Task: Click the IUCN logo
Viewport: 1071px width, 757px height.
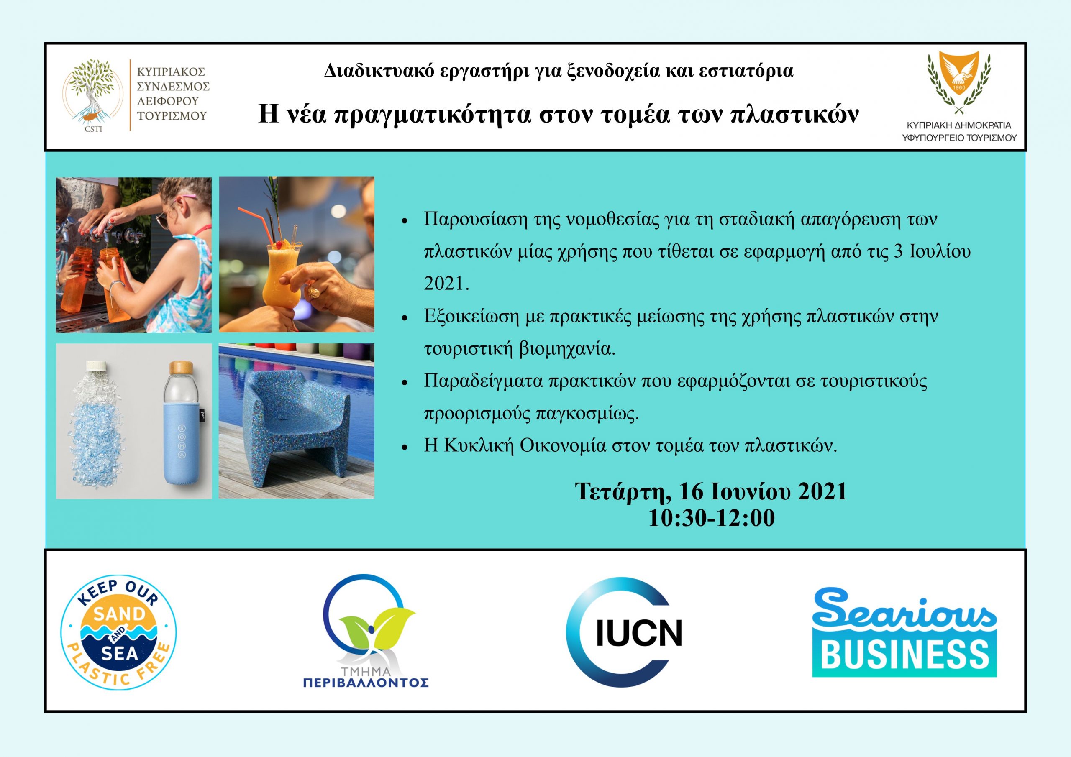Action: (x=624, y=632)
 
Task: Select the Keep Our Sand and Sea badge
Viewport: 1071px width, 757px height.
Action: (x=119, y=632)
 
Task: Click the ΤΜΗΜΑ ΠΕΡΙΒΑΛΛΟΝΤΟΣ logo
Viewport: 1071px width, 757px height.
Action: (x=366, y=631)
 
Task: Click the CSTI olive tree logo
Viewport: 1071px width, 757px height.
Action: (x=94, y=96)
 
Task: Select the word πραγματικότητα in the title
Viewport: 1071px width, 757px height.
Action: (x=433, y=115)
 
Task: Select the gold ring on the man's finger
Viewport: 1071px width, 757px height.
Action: (x=314, y=292)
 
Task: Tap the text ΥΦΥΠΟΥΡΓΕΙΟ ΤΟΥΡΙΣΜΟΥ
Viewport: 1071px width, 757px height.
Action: (x=959, y=138)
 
